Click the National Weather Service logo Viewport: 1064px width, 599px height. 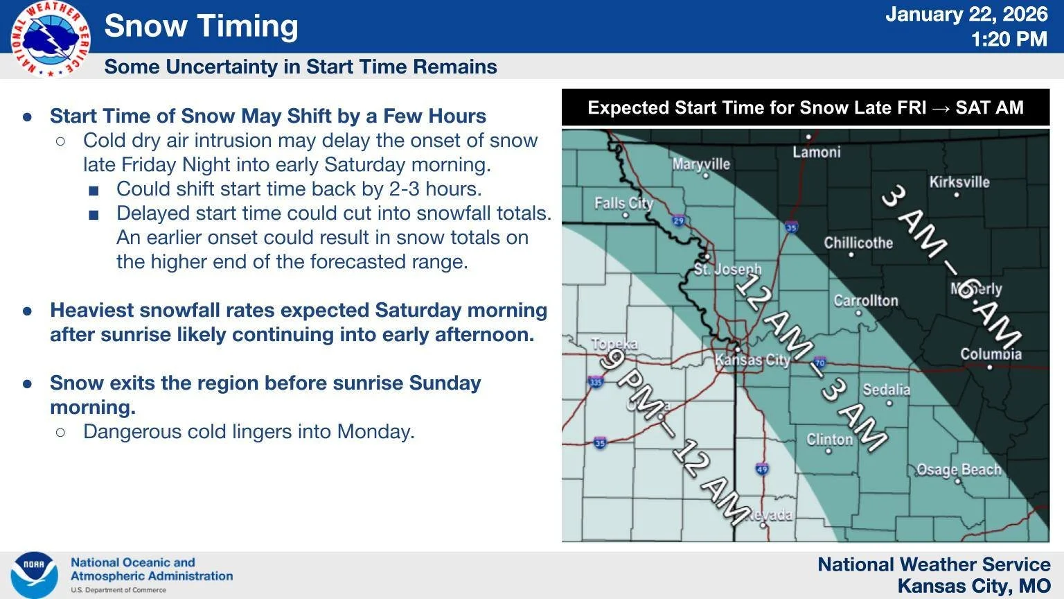click(50, 39)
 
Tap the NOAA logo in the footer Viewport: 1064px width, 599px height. click(34, 575)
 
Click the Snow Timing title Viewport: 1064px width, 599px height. click(201, 26)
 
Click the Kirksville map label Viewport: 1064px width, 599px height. click(959, 182)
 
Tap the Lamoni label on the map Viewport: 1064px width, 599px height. click(816, 152)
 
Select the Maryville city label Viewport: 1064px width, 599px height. click(701, 164)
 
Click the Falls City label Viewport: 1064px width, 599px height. click(623, 203)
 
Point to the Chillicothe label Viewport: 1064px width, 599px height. click(858, 243)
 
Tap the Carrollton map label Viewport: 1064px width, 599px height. click(865, 301)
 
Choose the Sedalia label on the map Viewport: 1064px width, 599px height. click(886, 390)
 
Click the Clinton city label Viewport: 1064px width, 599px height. click(829, 440)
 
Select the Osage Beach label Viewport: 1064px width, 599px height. click(959, 470)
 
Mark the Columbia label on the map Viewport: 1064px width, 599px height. click(991, 354)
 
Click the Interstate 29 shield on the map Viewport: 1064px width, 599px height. click(679, 221)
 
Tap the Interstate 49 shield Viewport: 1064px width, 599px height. click(762, 469)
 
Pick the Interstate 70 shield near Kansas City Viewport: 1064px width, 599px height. click(820, 363)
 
